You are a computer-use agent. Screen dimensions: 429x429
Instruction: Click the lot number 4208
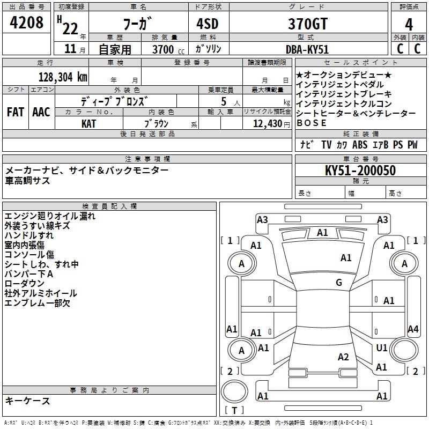point(27,23)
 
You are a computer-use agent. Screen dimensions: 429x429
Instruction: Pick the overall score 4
point(409,24)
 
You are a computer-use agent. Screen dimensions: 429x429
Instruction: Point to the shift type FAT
point(15,112)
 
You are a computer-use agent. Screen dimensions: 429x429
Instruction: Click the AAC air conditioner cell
point(41,112)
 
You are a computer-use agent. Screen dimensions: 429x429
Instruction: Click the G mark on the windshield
point(339,283)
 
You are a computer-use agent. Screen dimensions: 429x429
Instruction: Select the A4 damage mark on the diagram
point(413,329)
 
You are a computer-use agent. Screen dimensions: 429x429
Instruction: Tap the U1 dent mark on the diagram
point(382,348)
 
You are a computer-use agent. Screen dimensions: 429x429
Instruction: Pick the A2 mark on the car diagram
point(344,357)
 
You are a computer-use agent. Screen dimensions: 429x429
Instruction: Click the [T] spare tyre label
point(234,411)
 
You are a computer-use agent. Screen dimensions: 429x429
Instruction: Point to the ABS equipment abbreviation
point(360,145)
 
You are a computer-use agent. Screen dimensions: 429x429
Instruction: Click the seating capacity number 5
point(222,101)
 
